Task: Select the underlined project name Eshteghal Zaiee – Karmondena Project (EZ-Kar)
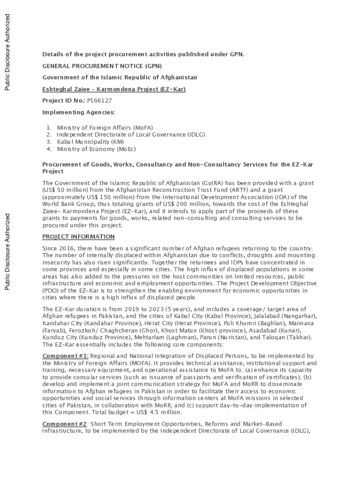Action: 114,89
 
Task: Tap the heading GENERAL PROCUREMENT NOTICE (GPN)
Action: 102,66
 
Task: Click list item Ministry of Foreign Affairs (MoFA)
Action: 105,127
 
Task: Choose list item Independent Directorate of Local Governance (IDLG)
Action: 131,134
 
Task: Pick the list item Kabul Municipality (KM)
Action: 87,141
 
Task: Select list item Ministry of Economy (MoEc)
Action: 96,149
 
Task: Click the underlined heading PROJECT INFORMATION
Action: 78,237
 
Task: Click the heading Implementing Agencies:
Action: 79,112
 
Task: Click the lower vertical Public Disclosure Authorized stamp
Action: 7,252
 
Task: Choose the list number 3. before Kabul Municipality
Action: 49,141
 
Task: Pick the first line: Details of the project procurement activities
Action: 143,54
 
